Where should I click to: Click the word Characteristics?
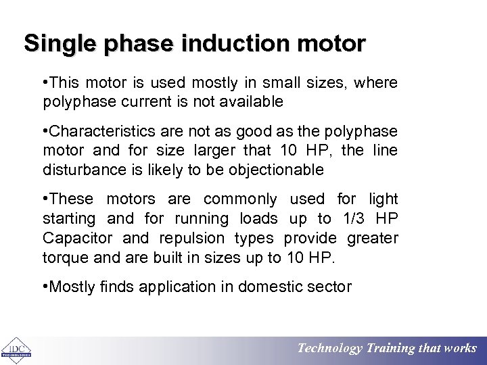99,130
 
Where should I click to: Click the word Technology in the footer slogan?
330,349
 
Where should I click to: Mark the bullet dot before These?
45,199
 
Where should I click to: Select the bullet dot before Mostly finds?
45,287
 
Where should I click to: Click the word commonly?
240,199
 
